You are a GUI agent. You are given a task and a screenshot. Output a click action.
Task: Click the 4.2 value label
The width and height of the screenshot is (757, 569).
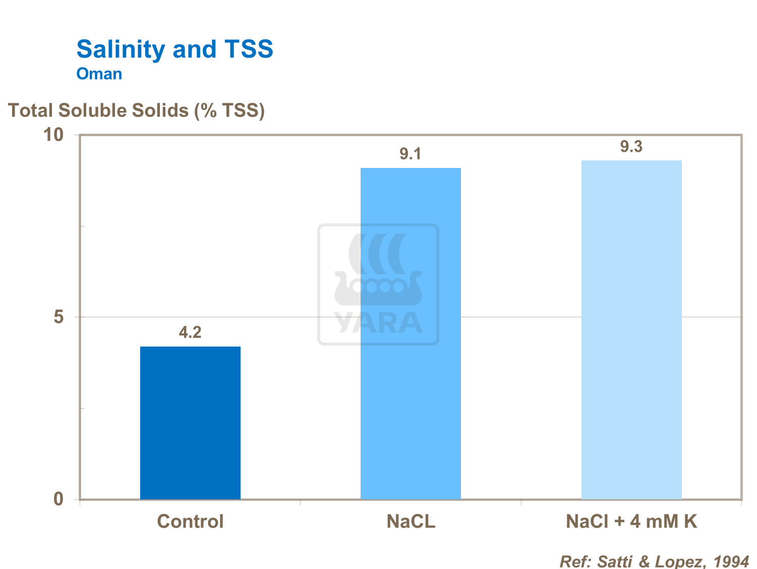tap(190, 332)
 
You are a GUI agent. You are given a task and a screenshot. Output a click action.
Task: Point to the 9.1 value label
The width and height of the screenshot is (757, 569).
tap(411, 154)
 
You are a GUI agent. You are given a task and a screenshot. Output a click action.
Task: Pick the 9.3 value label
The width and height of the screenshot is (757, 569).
tap(631, 147)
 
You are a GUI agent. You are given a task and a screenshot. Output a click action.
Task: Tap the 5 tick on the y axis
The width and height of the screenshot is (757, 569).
tap(59, 317)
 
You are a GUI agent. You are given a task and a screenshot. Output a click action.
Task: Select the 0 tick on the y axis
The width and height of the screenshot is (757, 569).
tap(59, 499)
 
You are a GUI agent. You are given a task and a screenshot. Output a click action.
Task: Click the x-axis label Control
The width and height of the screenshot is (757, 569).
tap(190, 521)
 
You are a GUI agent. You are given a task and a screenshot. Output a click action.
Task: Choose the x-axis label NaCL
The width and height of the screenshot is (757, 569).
tap(411, 521)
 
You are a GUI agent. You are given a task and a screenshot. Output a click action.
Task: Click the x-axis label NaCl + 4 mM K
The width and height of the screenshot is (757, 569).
tap(631, 521)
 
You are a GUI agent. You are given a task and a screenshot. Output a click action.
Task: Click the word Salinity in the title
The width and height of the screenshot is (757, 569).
tap(121, 49)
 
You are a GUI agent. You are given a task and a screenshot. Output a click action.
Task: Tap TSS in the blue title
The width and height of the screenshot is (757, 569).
tap(249, 49)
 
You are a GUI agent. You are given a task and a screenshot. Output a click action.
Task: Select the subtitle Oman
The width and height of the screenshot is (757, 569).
tap(99, 74)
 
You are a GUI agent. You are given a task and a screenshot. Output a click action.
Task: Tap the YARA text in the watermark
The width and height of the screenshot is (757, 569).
tap(378, 323)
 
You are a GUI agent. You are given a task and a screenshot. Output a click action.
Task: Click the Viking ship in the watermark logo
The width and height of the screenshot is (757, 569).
tap(378, 288)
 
